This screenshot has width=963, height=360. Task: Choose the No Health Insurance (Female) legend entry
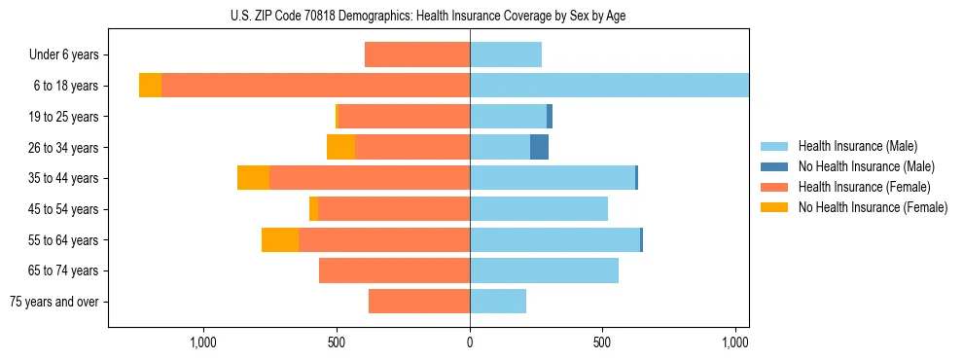[873, 207]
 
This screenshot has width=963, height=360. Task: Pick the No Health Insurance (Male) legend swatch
[775, 166]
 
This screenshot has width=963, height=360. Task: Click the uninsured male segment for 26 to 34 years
[539, 147]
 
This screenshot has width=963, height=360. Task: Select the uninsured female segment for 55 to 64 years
[280, 239]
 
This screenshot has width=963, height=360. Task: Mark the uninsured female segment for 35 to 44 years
[253, 178]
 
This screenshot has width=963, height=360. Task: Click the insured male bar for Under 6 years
[506, 54]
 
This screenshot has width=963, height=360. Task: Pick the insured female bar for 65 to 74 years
[394, 270]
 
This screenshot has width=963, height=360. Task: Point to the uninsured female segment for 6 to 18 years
[150, 86]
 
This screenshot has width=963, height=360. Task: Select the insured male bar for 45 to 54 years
[539, 209]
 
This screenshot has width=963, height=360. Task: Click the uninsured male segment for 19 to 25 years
[550, 117]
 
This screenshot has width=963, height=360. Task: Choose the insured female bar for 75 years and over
[419, 302]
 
